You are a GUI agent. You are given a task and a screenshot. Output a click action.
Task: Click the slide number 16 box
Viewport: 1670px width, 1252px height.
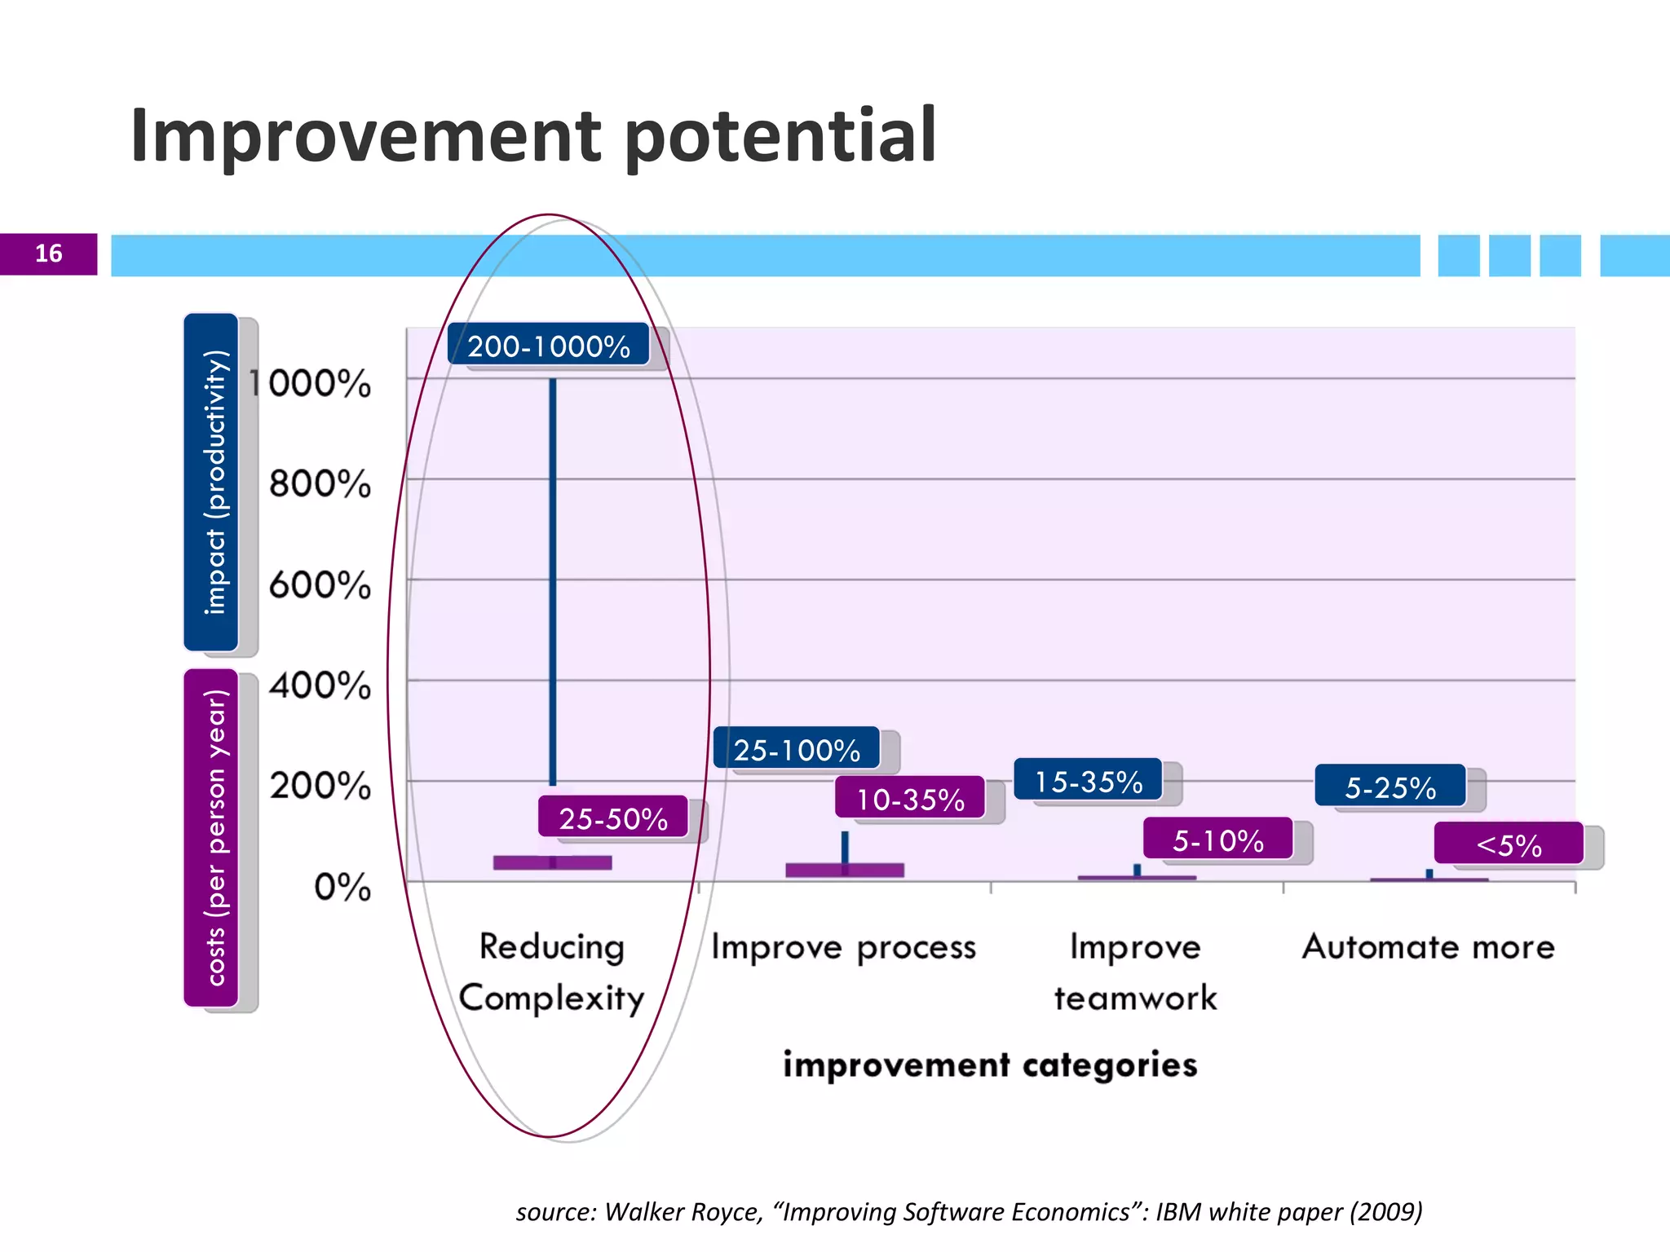coord(48,253)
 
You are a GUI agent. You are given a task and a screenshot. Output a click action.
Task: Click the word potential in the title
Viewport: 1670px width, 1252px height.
coord(780,136)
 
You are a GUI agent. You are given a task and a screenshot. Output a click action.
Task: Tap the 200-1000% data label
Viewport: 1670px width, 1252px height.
coord(549,346)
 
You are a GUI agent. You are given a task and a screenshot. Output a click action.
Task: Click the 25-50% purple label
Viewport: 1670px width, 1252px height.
coord(613,818)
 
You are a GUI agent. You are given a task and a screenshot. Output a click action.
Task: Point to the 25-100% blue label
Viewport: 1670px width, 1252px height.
coord(797,749)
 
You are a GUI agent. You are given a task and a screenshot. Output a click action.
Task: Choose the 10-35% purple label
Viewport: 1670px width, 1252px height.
coord(910,799)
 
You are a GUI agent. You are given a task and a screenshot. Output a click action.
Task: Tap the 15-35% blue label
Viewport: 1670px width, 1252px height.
coord(1088,781)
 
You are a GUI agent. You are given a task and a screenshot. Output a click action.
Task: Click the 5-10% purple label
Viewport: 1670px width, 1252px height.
coord(1218,840)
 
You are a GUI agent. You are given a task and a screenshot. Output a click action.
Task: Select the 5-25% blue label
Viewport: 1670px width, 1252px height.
coord(1390,787)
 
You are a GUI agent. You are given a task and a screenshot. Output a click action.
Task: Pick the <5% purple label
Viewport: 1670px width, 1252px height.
coord(1509,844)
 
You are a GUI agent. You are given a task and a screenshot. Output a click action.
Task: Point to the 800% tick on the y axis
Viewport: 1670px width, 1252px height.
coord(320,484)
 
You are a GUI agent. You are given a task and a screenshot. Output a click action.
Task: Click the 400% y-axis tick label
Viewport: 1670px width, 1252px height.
coord(320,686)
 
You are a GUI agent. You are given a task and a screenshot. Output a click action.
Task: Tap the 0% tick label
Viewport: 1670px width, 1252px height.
coord(342,887)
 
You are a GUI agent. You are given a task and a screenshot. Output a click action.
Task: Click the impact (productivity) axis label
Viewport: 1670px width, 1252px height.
coord(213,482)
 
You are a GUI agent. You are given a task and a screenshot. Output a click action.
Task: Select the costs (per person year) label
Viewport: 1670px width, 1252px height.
coord(213,837)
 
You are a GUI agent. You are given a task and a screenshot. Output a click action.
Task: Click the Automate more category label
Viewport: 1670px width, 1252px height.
coord(1429,947)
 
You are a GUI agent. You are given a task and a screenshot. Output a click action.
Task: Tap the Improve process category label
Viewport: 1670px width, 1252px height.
coord(843,947)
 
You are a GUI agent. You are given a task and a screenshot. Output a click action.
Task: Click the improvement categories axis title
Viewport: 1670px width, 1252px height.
coord(990,1065)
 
